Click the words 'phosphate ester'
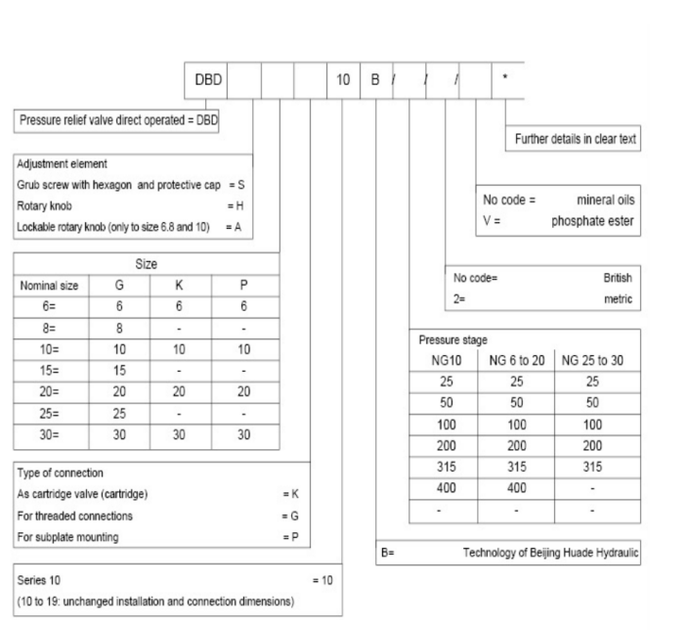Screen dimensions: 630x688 pyautogui.click(x=594, y=219)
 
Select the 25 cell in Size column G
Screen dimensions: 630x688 pyautogui.click(x=119, y=411)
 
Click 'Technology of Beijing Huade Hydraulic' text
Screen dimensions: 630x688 pyautogui.click(x=549, y=553)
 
